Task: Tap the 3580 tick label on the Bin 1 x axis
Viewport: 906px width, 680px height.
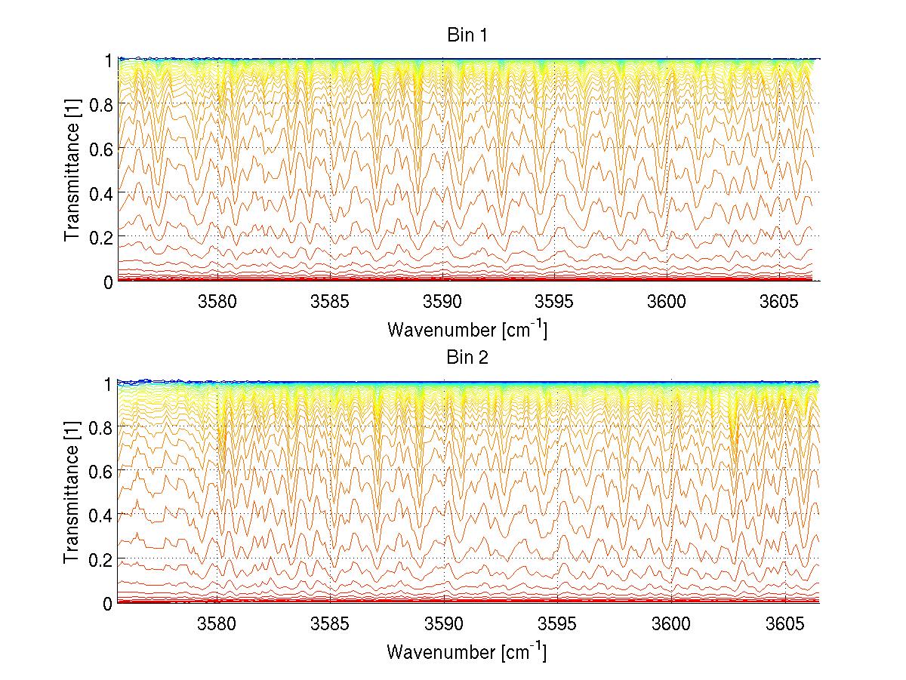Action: pyautogui.click(x=217, y=302)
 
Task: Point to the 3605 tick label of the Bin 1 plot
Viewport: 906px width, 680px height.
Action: pyautogui.click(x=779, y=302)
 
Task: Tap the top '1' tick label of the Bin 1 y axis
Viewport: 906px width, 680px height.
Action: pyautogui.click(x=108, y=60)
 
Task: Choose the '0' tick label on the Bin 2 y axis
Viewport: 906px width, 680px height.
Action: pyautogui.click(x=108, y=604)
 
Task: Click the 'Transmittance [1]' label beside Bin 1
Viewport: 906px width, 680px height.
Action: pyautogui.click(x=72, y=170)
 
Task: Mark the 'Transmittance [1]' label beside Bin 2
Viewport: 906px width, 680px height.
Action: pyautogui.click(x=72, y=493)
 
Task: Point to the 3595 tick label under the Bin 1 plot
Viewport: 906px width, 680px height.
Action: pyautogui.click(x=555, y=302)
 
